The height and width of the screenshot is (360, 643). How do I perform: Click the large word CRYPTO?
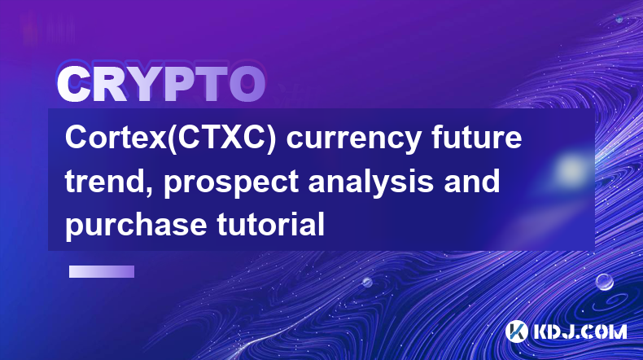(161, 84)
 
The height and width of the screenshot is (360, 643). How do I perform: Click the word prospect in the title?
(231, 184)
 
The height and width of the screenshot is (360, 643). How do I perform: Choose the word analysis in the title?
(370, 184)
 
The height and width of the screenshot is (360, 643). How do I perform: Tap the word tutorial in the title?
(271, 224)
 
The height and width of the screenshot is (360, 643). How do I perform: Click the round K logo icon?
(517, 331)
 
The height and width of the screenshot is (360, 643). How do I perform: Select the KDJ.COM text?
(580, 331)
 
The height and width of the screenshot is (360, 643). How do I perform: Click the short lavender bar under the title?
(102, 272)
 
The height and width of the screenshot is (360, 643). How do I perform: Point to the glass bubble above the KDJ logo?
(605, 282)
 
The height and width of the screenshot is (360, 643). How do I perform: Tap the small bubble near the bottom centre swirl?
(367, 282)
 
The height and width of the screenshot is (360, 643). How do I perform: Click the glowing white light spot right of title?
(571, 169)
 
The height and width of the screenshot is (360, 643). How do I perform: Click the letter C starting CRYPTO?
(73, 84)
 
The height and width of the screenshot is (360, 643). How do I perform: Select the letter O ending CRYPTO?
(247, 84)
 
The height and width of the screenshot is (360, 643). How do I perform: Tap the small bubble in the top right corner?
(619, 20)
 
